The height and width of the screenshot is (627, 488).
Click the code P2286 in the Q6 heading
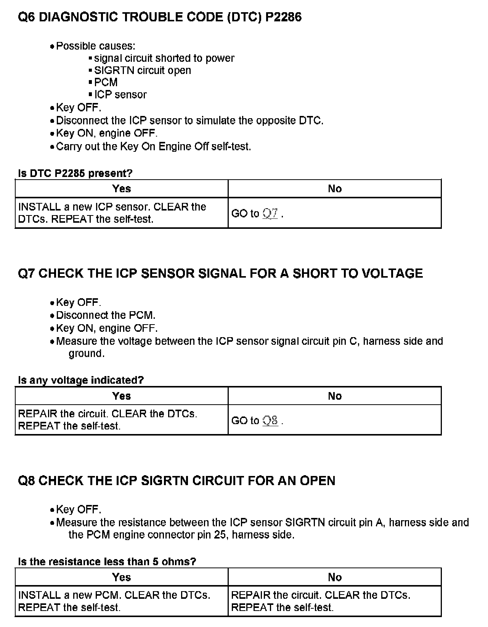(283, 17)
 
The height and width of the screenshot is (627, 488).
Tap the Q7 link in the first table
(270, 214)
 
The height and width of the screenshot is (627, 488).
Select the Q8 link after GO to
(270, 421)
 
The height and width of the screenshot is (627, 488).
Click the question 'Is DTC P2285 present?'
(75, 173)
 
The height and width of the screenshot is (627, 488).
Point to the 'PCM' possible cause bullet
(106, 82)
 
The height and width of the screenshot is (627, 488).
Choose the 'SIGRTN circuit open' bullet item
(142, 70)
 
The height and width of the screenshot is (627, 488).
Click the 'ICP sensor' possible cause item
(120, 95)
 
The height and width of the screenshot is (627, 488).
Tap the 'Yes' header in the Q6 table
(122, 188)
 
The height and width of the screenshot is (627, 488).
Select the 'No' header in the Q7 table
(335, 396)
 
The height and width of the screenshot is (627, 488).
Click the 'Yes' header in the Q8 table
(122, 577)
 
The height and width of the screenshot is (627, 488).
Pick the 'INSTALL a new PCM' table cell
(114, 601)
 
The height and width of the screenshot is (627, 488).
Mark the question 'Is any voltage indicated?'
(81, 380)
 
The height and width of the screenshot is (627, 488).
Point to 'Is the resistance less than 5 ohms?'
(107, 561)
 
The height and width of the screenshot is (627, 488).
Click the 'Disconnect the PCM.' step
(106, 315)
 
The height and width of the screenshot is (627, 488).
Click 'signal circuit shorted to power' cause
(164, 58)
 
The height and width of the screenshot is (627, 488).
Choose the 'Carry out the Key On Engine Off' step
(153, 146)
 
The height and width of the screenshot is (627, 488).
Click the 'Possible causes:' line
(95, 46)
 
